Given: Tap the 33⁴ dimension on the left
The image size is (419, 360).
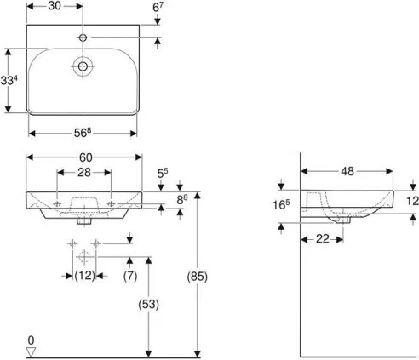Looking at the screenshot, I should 11,81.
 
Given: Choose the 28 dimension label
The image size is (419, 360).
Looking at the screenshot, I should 83,172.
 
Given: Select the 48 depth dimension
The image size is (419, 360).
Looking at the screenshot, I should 347,170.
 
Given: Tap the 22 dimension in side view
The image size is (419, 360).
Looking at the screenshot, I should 321,240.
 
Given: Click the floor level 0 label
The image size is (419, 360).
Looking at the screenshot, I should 32,339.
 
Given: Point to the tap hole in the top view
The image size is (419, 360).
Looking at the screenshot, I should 83,38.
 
